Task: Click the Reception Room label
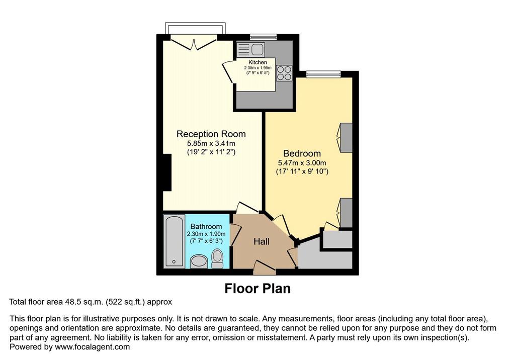point(211,134)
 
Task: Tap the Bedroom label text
point(302,153)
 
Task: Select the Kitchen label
point(257,62)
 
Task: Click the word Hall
point(262,241)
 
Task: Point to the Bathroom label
point(206,226)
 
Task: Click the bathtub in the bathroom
point(174,241)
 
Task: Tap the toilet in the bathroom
point(217,258)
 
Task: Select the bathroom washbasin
point(199,262)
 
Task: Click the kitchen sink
point(250,50)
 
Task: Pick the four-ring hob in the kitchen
point(284,73)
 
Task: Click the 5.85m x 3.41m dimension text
point(211,143)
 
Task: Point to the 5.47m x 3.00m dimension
point(302,163)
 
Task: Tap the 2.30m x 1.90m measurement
point(206,234)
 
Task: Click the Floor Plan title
point(257,289)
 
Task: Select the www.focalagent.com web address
point(93,347)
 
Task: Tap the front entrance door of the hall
point(265,267)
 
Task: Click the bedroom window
point(323,74)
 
